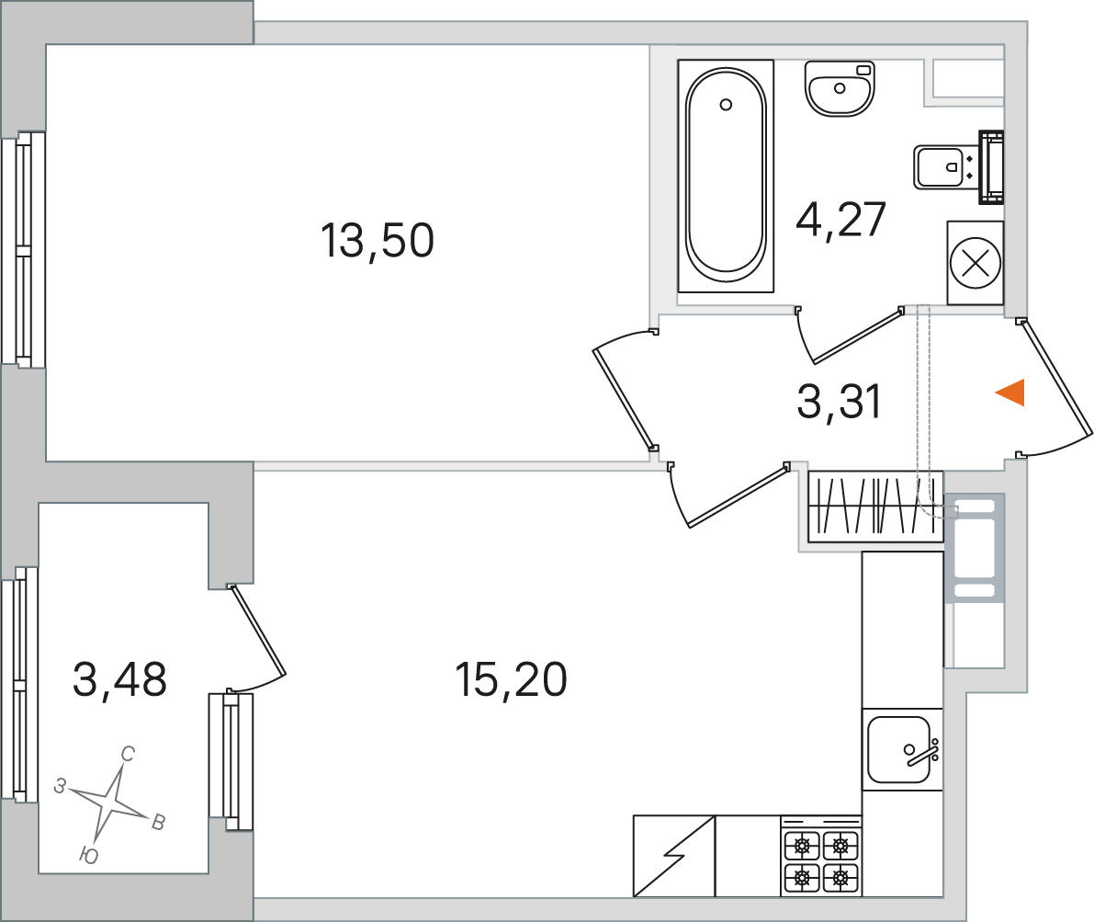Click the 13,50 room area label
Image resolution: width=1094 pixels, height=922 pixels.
pyautogui.click(x=378, y=240)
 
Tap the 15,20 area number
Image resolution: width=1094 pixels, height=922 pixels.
pyautogui.click(x=511, y=679)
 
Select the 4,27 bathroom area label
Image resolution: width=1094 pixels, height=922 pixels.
pyautogui.click(x=840, y=220)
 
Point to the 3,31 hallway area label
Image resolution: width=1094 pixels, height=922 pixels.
pyautogui.click(x=840, y=403)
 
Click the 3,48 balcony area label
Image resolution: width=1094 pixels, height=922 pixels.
pyautogui.click(x=120, y=679)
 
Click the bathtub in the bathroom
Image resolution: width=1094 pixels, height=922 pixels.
pyautogui.click(x=726, y=176)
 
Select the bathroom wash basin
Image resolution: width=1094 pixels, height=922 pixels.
pyautogui.click(x=840, y=88)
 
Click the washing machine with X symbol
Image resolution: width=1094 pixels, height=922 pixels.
pyautogui.click(x=975, y=263)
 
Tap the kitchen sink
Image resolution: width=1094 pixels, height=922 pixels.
pyautogui.click(x=902, y=749)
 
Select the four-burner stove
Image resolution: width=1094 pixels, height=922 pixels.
pyautogui.click(x=821, y=856)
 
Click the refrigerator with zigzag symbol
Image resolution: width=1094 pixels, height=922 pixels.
pyautogui.click(x=674, y=856)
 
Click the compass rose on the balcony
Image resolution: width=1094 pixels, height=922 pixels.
pyautogui.click(x=109, y=804)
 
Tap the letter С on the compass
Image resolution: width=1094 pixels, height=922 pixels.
pyautogui.click(x=128, y=755)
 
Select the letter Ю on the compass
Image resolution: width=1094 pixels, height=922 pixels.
pyautogui.click(x=88, y=856)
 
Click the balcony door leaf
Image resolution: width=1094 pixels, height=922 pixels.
pyautogui.click(x=258, y=631)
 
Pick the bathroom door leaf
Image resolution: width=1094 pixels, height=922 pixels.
pyautogui.click(x=858, y=336)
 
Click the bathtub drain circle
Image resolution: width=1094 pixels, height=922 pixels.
pyautogui.click(x=726, y=105)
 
